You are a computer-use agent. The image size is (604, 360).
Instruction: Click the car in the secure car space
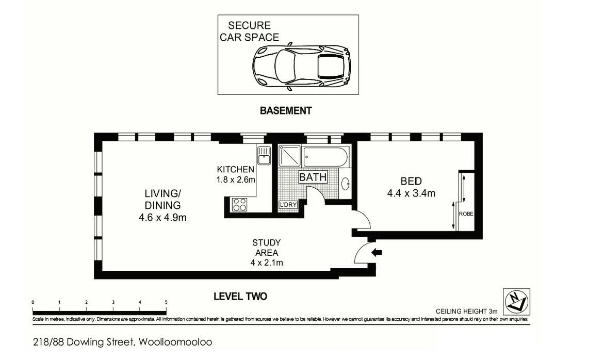pos(301,67)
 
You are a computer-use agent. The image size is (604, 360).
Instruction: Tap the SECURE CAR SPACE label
pos(250,31)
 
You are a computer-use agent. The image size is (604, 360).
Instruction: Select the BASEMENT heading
pos(286,110)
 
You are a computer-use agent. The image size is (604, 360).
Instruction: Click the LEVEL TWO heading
pos(240,297)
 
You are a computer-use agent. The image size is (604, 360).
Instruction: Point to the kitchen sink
pos(264,154)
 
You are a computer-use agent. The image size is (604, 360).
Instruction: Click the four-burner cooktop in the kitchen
pos(239,204)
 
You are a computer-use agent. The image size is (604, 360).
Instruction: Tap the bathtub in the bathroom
pos(325,156)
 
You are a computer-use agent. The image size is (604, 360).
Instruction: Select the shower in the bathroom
pos(289,156)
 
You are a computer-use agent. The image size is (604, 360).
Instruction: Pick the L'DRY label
pos(288,205)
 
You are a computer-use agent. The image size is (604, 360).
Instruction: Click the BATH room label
pos(313,177)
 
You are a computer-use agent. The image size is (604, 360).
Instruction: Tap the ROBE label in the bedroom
pos(466,214)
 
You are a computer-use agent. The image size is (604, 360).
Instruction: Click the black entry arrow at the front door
pos(377,252)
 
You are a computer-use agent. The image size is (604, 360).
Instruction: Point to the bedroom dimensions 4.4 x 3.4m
pos(412,194)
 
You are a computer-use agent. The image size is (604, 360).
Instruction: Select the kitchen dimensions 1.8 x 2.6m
pos(236,180)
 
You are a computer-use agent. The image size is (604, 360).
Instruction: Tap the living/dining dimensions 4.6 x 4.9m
pos(162,217)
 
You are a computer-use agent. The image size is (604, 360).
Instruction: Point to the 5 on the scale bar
pos(166,302)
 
